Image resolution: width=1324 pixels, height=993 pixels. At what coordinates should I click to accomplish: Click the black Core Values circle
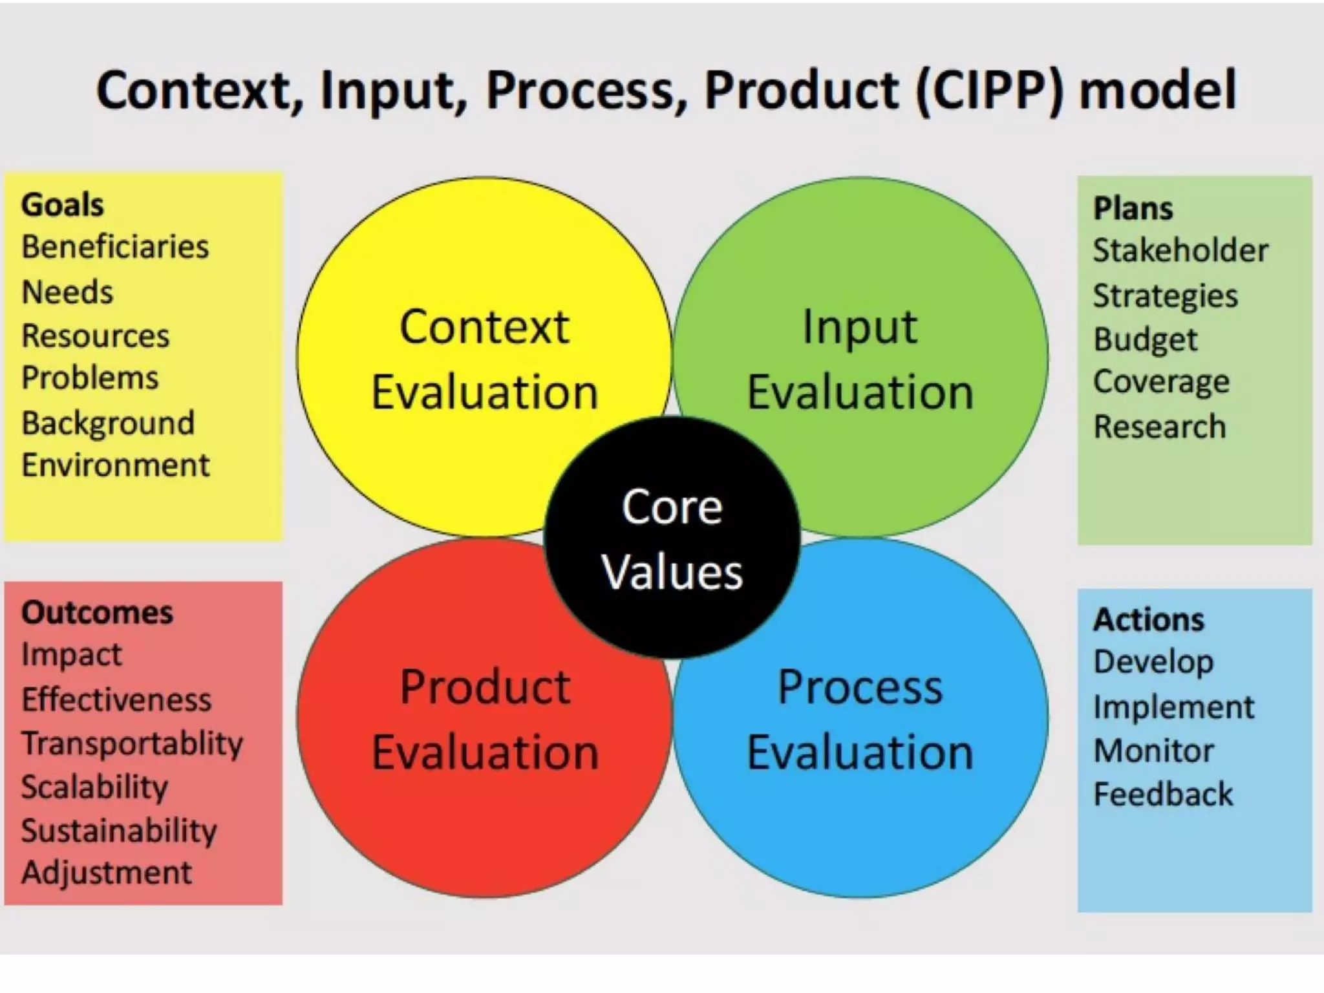click(x=672, y=538)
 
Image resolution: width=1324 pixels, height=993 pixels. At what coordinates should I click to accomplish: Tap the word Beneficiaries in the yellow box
click(x=115, y=247)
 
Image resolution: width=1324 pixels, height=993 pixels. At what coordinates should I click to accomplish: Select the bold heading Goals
click(x=63, y=205)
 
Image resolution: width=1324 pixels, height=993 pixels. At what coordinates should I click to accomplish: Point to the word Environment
click(x=116, y=465)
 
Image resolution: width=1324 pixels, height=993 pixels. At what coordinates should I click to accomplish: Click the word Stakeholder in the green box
click(x=1180, y=251)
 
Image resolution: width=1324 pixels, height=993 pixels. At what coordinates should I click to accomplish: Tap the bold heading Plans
click(x=1133, y=209)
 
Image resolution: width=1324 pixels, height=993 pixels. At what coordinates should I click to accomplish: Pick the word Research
click(x=1160, y=427)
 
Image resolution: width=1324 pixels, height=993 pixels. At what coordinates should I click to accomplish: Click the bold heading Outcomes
click(x=98, y=613)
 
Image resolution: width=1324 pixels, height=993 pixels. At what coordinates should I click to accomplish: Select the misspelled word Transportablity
click(x=133, y=743)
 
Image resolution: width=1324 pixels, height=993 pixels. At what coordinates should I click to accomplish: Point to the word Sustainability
click(x=119, y=831)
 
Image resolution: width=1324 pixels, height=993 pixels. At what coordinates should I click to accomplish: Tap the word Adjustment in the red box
click(x=107, y=873)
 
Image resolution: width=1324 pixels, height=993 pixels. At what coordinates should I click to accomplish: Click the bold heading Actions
click(x=1149, y=619)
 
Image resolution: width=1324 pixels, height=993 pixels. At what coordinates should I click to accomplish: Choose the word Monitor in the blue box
click(x=1153, y=751)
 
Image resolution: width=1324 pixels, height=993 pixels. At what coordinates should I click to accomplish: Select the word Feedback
click(x=1163, y=795)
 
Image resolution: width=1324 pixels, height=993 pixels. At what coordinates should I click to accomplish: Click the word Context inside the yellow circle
click(x=484, y=327)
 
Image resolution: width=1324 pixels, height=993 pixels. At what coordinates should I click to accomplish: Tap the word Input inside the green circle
click(x=860, y=327)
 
